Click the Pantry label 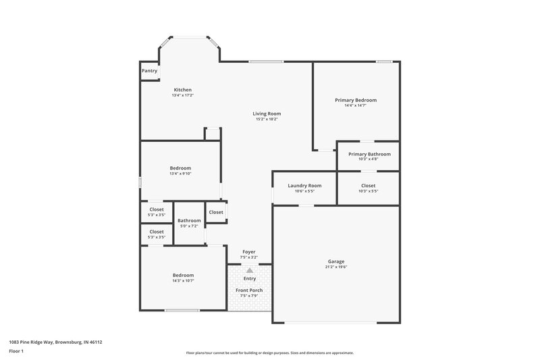tap(149, 70)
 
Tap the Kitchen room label tap(183, 90)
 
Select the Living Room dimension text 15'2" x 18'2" tap(267, 120)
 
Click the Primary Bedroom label tap(356, 100)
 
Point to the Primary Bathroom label tap(369, 154)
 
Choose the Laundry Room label tap(304, 185)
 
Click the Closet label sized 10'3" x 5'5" tap(369, 185)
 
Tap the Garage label tap(336, 261)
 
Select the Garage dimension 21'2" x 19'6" tap(336, 267)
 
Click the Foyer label tap(249, 252)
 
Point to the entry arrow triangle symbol tap(250, 270)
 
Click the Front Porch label tap(249, 290)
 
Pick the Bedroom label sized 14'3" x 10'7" tap(183, 275)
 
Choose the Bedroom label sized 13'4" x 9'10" tap(181, 168)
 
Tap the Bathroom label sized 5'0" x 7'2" tap(189, 220)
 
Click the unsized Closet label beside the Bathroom tap(216, 212)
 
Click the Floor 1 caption tap(16, 352)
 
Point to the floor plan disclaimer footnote tap(269, 353)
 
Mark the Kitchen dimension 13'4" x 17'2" tap(183, 95)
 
